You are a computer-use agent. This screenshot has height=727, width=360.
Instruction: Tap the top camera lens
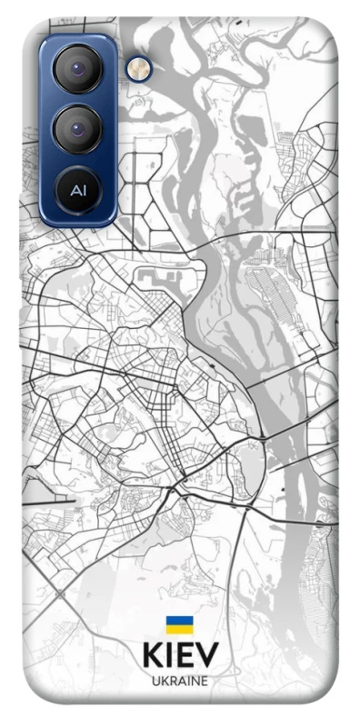point(77,70)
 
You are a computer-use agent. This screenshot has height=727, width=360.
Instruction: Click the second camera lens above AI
point(77,129)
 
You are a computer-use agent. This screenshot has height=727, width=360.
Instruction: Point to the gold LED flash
point(137,67)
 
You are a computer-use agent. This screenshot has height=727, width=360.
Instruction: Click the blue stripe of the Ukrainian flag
point(179,621)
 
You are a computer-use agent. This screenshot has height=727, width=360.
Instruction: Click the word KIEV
point(180,656)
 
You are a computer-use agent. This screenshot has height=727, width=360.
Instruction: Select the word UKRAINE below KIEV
point(180,681)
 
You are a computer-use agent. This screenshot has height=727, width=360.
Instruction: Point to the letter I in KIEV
point(169,656)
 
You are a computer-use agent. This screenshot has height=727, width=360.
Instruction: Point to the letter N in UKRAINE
point(194,681)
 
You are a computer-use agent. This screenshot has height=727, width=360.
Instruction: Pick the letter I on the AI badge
point(83,192)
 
